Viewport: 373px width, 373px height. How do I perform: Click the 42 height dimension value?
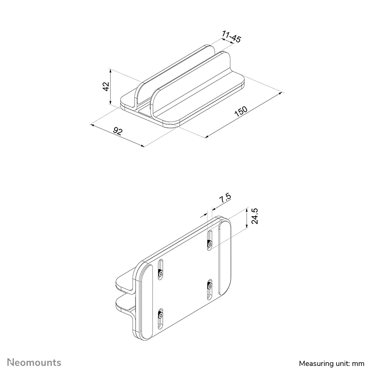click(106, 87)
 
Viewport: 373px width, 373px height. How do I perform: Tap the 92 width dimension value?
click(118, 131)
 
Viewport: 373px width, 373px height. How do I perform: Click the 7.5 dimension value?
click(225, 198)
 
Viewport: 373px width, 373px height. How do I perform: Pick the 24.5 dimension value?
click(255, 216)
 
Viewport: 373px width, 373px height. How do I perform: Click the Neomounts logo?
click(35, 362)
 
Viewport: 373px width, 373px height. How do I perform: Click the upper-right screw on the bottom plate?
click(210, 244)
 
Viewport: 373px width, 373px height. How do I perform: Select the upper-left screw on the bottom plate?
click(160, 274)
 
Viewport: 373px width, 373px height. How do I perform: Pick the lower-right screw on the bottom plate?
click(210, 286)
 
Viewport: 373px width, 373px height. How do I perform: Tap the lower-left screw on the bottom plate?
click(160, 316)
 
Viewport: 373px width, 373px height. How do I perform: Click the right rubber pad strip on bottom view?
click(225, 256)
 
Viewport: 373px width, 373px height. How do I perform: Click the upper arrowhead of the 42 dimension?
click(111, 71)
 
